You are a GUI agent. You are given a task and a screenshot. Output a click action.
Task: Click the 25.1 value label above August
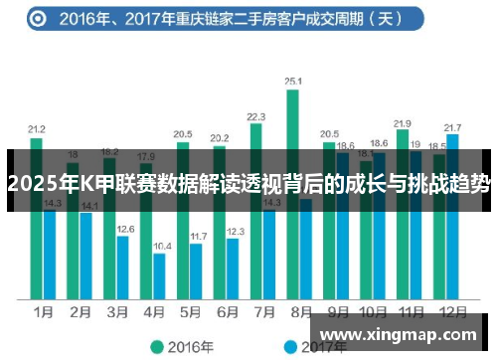click(293, 82)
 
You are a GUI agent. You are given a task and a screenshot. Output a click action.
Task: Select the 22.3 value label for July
click(256, 115)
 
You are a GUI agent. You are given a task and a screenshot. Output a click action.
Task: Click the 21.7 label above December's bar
click(453, 127)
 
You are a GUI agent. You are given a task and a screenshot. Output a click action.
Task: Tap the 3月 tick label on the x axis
click(116, 311)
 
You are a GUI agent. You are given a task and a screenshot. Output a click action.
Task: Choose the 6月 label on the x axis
click(227, 311)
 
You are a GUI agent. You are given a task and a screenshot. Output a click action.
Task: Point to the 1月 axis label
click(43, 311)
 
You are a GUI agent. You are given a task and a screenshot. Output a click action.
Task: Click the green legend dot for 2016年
click(155, 346)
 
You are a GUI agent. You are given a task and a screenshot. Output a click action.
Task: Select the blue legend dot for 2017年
click(290, 346)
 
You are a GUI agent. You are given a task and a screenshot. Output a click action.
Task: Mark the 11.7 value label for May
click(198, 236)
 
